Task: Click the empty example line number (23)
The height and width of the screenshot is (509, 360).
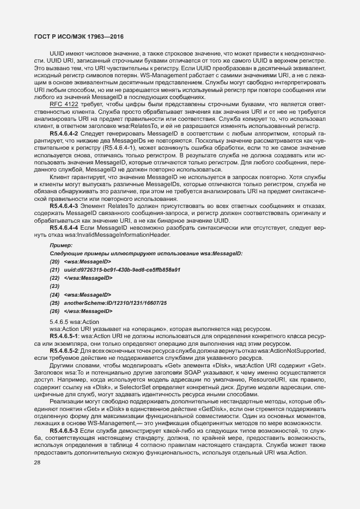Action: point(54,286)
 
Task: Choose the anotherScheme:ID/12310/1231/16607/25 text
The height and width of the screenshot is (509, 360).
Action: point(115,302)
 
